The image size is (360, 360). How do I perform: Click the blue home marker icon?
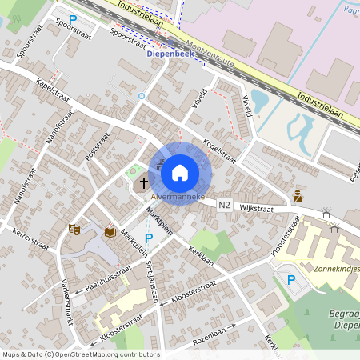[x=180, y=172]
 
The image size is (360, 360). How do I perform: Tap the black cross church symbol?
[x=144, y=183]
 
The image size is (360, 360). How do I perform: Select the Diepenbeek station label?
[x=173, y=54]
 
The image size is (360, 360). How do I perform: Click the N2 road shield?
[x=224, y=206]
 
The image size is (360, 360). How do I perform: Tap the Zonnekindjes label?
[x=336, y=269]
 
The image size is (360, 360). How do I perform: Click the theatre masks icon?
[x=74, y=229]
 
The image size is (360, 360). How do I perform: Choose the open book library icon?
[x=110, y=232]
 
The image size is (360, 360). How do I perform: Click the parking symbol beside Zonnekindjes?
[x=291, y=279]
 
